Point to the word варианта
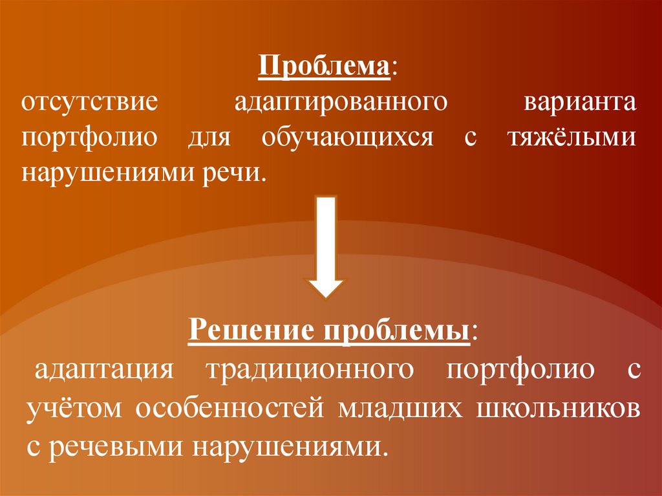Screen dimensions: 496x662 [x=581, y=103]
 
